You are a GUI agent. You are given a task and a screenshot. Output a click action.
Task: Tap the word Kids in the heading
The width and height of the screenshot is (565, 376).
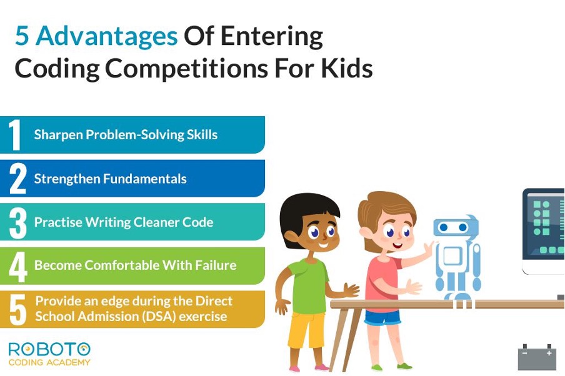click(347, 68)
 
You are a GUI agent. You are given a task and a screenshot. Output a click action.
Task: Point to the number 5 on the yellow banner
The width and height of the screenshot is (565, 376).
click(17, 310)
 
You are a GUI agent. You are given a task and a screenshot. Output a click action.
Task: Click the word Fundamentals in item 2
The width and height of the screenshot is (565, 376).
click(145, 179)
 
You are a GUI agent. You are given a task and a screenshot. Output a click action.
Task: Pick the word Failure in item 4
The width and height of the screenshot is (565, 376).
click(216, 265)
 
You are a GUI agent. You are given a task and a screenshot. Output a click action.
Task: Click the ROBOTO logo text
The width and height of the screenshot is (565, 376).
click(49, 350)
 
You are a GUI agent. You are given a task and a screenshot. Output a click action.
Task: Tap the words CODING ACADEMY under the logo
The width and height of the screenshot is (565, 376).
click(49, 362)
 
